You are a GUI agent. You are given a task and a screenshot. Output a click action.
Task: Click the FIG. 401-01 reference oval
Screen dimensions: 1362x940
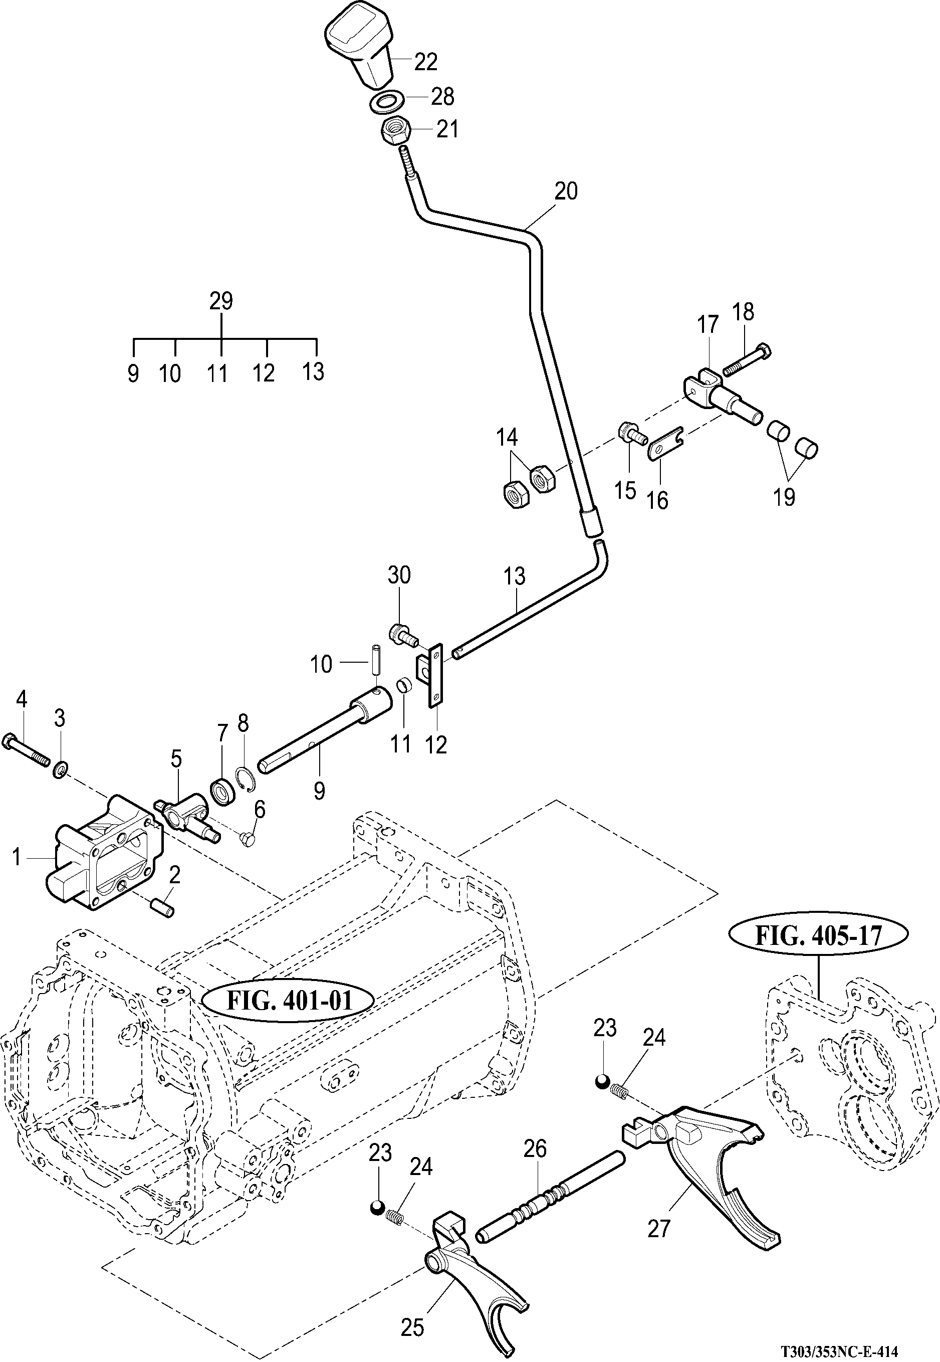click(x=288, y=1000)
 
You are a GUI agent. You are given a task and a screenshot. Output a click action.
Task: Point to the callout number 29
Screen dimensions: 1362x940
click(x=221, y=301)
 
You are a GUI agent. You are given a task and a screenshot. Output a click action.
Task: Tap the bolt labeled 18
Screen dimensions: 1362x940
click(x=747, y=360)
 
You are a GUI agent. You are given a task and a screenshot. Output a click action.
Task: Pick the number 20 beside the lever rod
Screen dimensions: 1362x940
click(x=565, y=191)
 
